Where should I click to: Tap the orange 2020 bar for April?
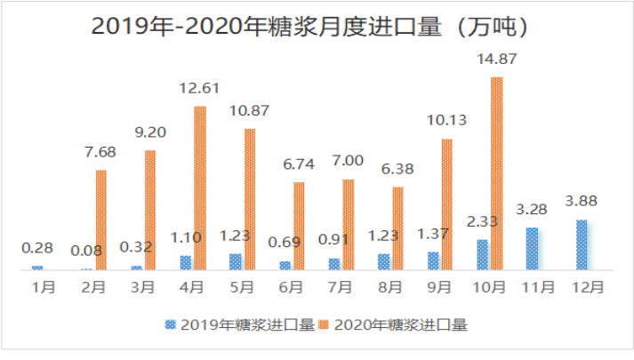tap(200, 188)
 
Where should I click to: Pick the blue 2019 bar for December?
tap(582, 244)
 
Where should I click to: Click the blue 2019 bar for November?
tap(532, 248)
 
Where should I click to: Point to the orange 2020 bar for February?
tap(101, 220)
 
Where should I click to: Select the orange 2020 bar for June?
tap(299, 226)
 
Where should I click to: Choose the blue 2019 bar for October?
tap(482, 254)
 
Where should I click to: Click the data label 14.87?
tap(497, 59)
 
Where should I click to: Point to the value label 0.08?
tap(86, 250)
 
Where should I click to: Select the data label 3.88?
tap(582, 202)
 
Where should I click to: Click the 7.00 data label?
tap(348, 161)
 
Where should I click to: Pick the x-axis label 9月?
tap(438, 287)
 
